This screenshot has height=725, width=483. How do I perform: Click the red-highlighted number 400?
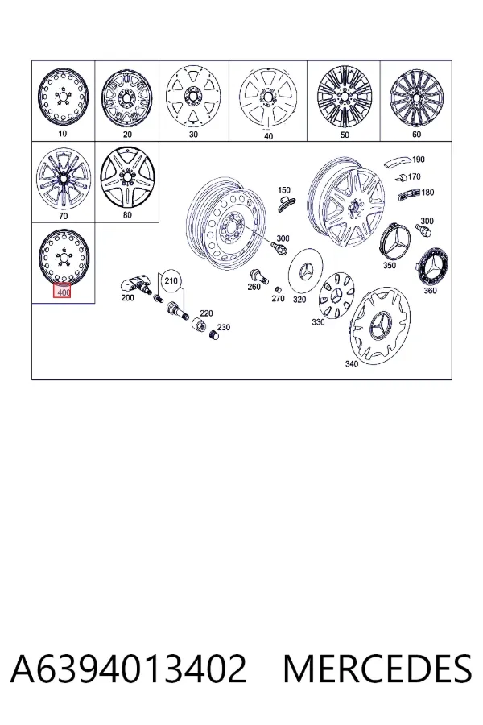pos(63,292)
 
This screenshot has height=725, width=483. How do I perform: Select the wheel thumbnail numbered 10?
pos(63,98)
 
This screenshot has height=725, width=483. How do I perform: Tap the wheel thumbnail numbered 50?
pos(344,97)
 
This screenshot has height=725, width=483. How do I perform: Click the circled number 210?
pos(171,280)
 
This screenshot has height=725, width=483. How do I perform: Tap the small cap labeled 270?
pos(279,289)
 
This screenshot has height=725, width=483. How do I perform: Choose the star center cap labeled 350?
pos(394,242)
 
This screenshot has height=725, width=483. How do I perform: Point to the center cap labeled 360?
pos(432,267)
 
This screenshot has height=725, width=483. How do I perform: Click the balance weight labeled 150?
pos(285,202)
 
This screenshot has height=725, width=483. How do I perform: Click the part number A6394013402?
pos(129,668)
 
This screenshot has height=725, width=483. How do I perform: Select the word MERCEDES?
pos(378,668)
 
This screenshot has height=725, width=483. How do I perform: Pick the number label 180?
pos(427,192)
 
